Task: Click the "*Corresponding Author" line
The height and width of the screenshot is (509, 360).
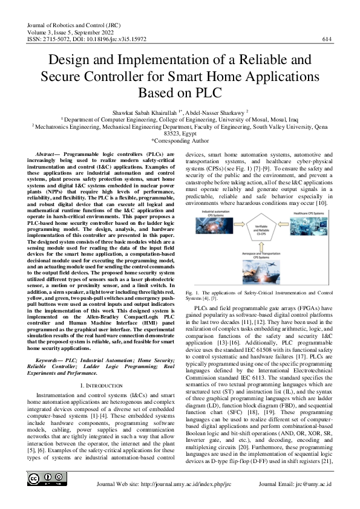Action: (180, 140)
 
